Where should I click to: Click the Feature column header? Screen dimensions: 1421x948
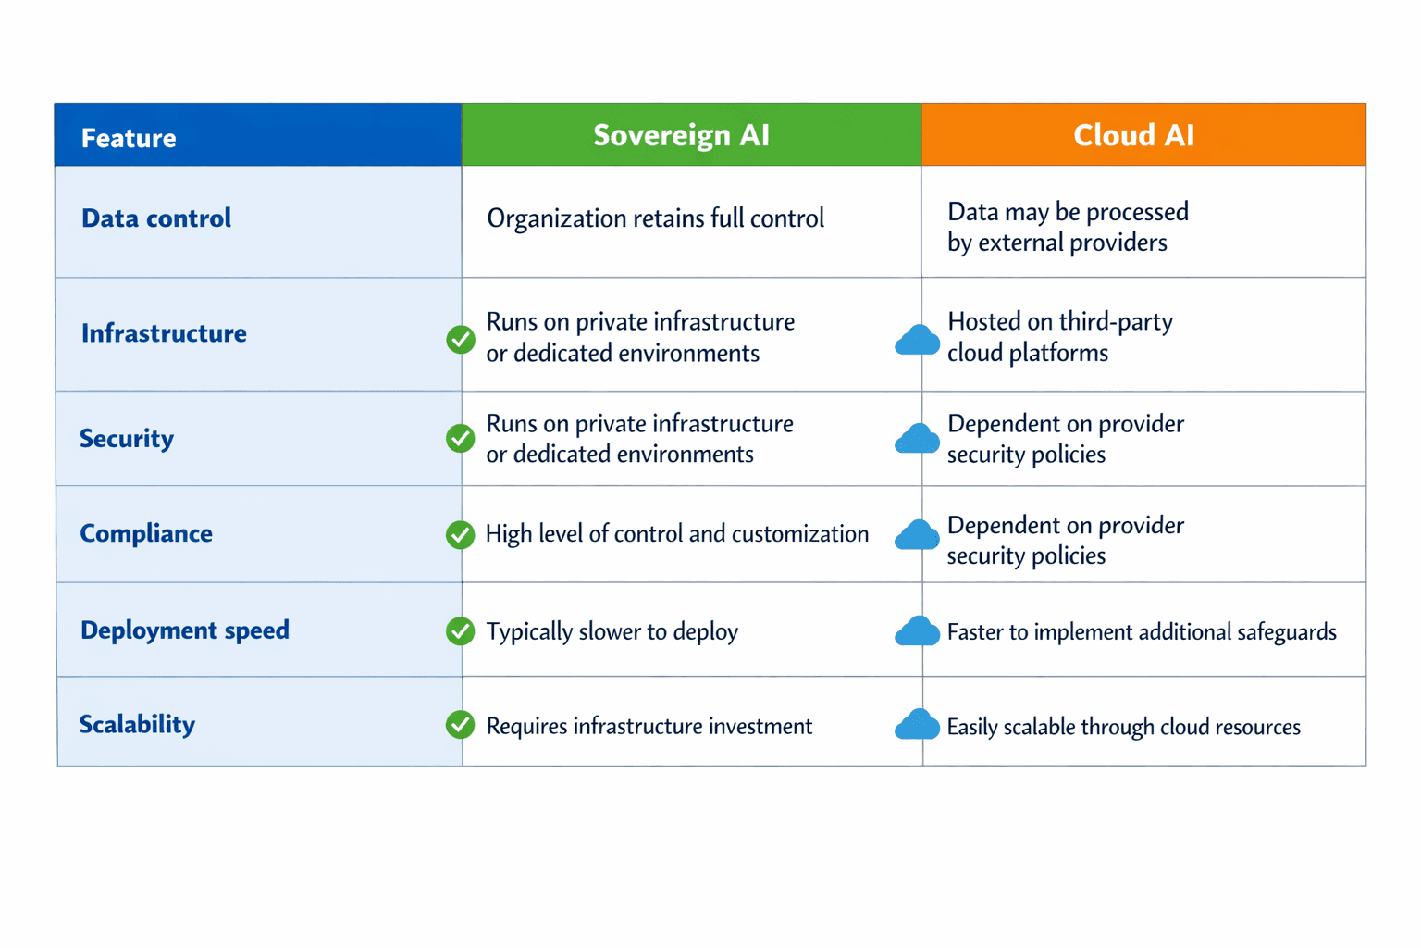129,138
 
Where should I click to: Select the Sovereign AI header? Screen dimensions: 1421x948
681,135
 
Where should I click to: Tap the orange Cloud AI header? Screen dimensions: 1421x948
1133,135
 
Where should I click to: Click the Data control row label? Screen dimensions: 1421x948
156,218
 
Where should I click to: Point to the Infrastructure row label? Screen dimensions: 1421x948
164,333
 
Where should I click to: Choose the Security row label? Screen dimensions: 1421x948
127,438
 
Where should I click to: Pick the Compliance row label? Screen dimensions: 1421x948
146,533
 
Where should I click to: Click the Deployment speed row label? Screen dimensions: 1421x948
185,630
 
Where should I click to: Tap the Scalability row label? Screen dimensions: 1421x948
137,724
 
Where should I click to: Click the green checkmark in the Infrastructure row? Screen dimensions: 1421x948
461,340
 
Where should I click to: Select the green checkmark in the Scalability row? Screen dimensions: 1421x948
460,725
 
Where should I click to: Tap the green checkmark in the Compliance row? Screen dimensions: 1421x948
460,534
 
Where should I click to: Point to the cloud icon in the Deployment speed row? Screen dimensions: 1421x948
917,631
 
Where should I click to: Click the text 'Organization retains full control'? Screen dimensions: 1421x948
655,218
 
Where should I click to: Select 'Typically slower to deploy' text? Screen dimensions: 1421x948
612,631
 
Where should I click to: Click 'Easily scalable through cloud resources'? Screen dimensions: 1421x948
1123,727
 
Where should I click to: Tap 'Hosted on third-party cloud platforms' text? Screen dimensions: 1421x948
1059,337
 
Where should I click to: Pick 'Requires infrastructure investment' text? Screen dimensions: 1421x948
649,726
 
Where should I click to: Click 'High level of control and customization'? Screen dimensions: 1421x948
676,534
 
